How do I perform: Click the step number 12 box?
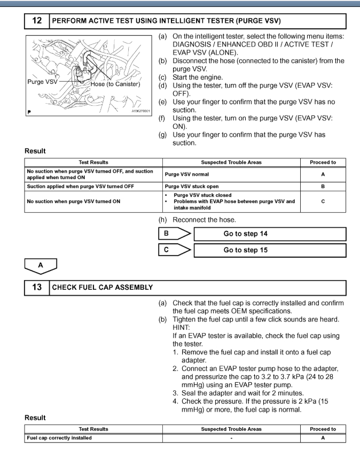[x=37, y=21]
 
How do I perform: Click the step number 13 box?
[x=37, y=288]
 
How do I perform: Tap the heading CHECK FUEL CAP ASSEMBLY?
[x=103, y=288]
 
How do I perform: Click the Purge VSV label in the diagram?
[x=42, y=82]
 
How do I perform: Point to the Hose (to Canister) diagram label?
[x=115, y=84]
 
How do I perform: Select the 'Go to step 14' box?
[x=270, y=234]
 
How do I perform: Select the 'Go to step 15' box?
[x=270, y=250]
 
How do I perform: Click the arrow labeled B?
[x=174, y=234]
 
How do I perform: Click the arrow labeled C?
[x=174, y=250]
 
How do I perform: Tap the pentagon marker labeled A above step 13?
[x=41, y=264]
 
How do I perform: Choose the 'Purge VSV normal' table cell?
[x=187, y=174]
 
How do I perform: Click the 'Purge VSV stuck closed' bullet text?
[x=202, y=195]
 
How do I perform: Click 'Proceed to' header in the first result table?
[x=323, y=162]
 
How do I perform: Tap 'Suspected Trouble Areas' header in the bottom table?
[x=231, y=429]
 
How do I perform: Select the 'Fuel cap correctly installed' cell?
[x=59, y=438]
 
